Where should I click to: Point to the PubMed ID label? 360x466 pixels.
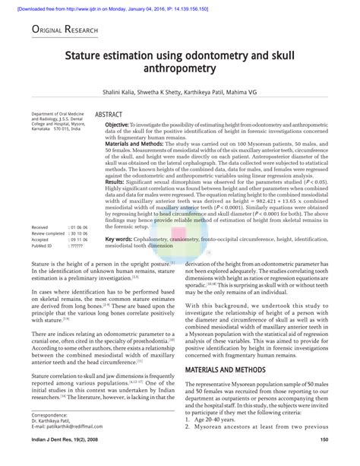[x=43, y=246]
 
